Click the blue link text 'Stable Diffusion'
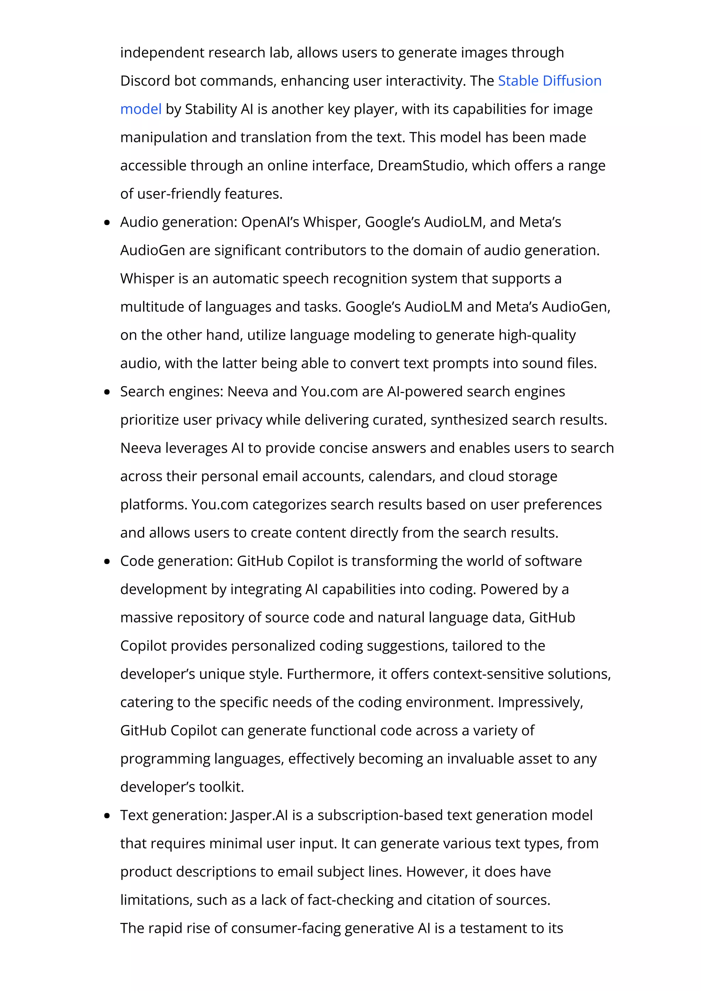point(549,81)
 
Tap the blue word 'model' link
point(141,109)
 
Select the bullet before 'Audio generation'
point(107,223)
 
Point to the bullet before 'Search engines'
point(107,392)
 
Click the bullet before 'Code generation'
point(107,561)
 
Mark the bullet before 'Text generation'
point(107,816)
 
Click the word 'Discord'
point(145,81)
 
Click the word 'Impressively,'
point(540,702)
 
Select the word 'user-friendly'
point(179,194)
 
